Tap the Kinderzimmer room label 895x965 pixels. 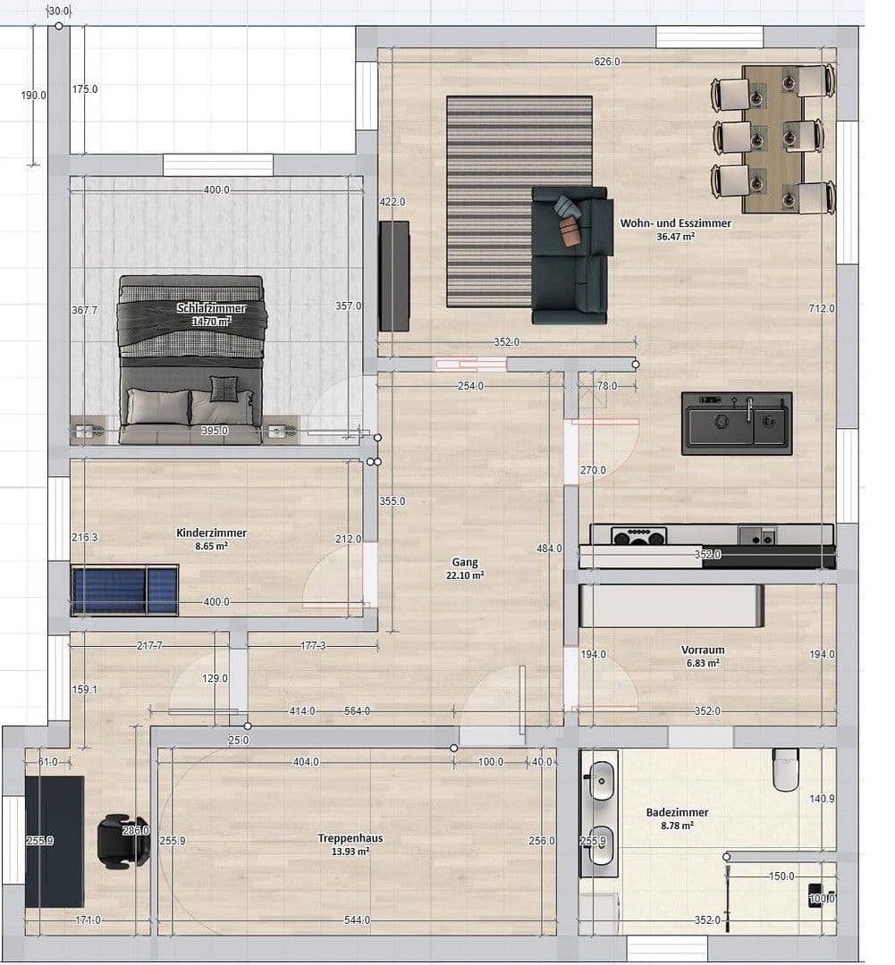pos(212,533)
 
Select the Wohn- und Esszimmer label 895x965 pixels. pos(676,223)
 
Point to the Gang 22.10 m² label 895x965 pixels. pos(465,563)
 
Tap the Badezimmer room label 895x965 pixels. pos(677,813)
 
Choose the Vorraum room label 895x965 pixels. pos(703,650)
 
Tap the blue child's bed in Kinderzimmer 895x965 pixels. pos(125,590)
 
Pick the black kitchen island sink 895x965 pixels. pos(736,424)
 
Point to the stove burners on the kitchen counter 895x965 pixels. pos(639,536)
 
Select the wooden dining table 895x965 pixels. pos(773,138)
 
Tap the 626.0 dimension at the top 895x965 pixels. pos(606,62)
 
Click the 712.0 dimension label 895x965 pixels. pos(822,308)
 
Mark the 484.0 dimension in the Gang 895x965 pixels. pos(549,549)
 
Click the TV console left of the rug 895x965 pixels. pos(393,276)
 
